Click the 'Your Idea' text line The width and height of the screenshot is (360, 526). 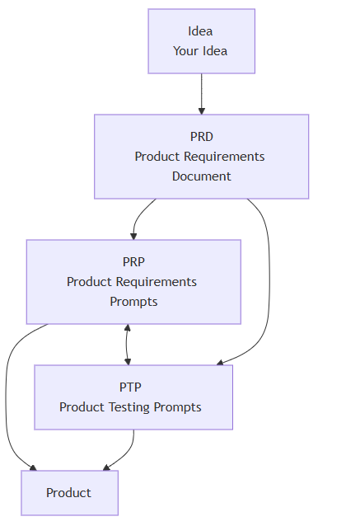tap(200, 51)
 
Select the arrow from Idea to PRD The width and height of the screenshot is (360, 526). tap(202, 94)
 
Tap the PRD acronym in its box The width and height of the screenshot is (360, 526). tap(202, 137)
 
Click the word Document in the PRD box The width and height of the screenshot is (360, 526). tap(202, 176)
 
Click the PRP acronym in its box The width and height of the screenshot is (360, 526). tap(133, 261)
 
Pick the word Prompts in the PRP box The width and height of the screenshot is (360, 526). tap(133, 302)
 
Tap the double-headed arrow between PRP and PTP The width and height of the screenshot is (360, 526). tap(127, 345)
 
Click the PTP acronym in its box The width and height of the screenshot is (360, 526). tap(130, 387)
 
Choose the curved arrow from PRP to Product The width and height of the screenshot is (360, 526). tap(6, 396)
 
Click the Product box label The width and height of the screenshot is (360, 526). tap(68, 493)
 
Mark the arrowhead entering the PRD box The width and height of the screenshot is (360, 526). tap(202, 111)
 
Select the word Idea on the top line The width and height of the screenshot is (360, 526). tap(200, 31)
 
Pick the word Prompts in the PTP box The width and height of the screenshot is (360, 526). tap(177, 407)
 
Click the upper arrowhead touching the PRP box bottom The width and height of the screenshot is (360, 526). tap(127, 328)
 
